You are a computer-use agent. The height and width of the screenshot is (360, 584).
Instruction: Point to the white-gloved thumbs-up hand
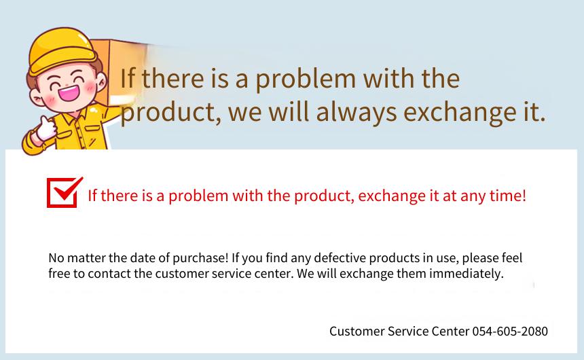(46, 128)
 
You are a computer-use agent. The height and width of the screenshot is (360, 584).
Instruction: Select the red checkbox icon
(64, 192)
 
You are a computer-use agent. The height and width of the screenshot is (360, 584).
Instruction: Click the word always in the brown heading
(357, 112)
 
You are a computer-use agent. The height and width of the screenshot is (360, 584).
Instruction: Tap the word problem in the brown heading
(306, 79)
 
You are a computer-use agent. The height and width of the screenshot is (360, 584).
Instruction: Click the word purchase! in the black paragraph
(200, 258)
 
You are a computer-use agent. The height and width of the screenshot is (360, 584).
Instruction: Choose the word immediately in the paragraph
(467, 274)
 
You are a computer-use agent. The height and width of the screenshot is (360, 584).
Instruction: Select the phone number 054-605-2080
(510, 331)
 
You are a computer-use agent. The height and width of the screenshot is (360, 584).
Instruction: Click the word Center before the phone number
(450, 331)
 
